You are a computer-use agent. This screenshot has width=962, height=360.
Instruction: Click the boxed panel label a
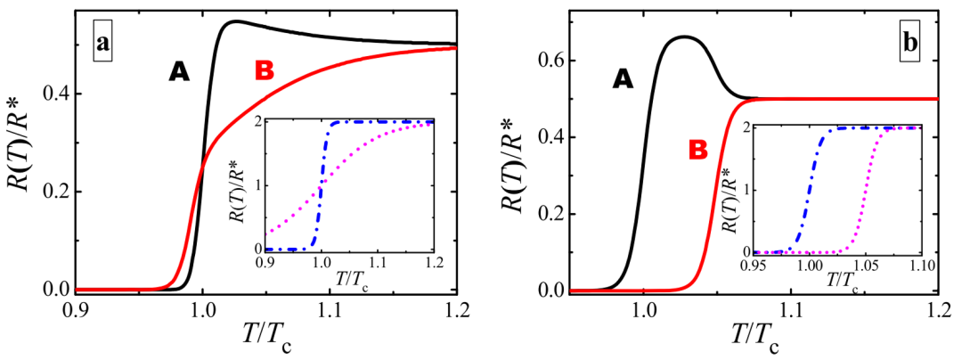pos(103,45)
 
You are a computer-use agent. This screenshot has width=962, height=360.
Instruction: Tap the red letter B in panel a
pos(265,70)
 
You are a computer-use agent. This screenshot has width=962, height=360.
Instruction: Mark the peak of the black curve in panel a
pos(233,21)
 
